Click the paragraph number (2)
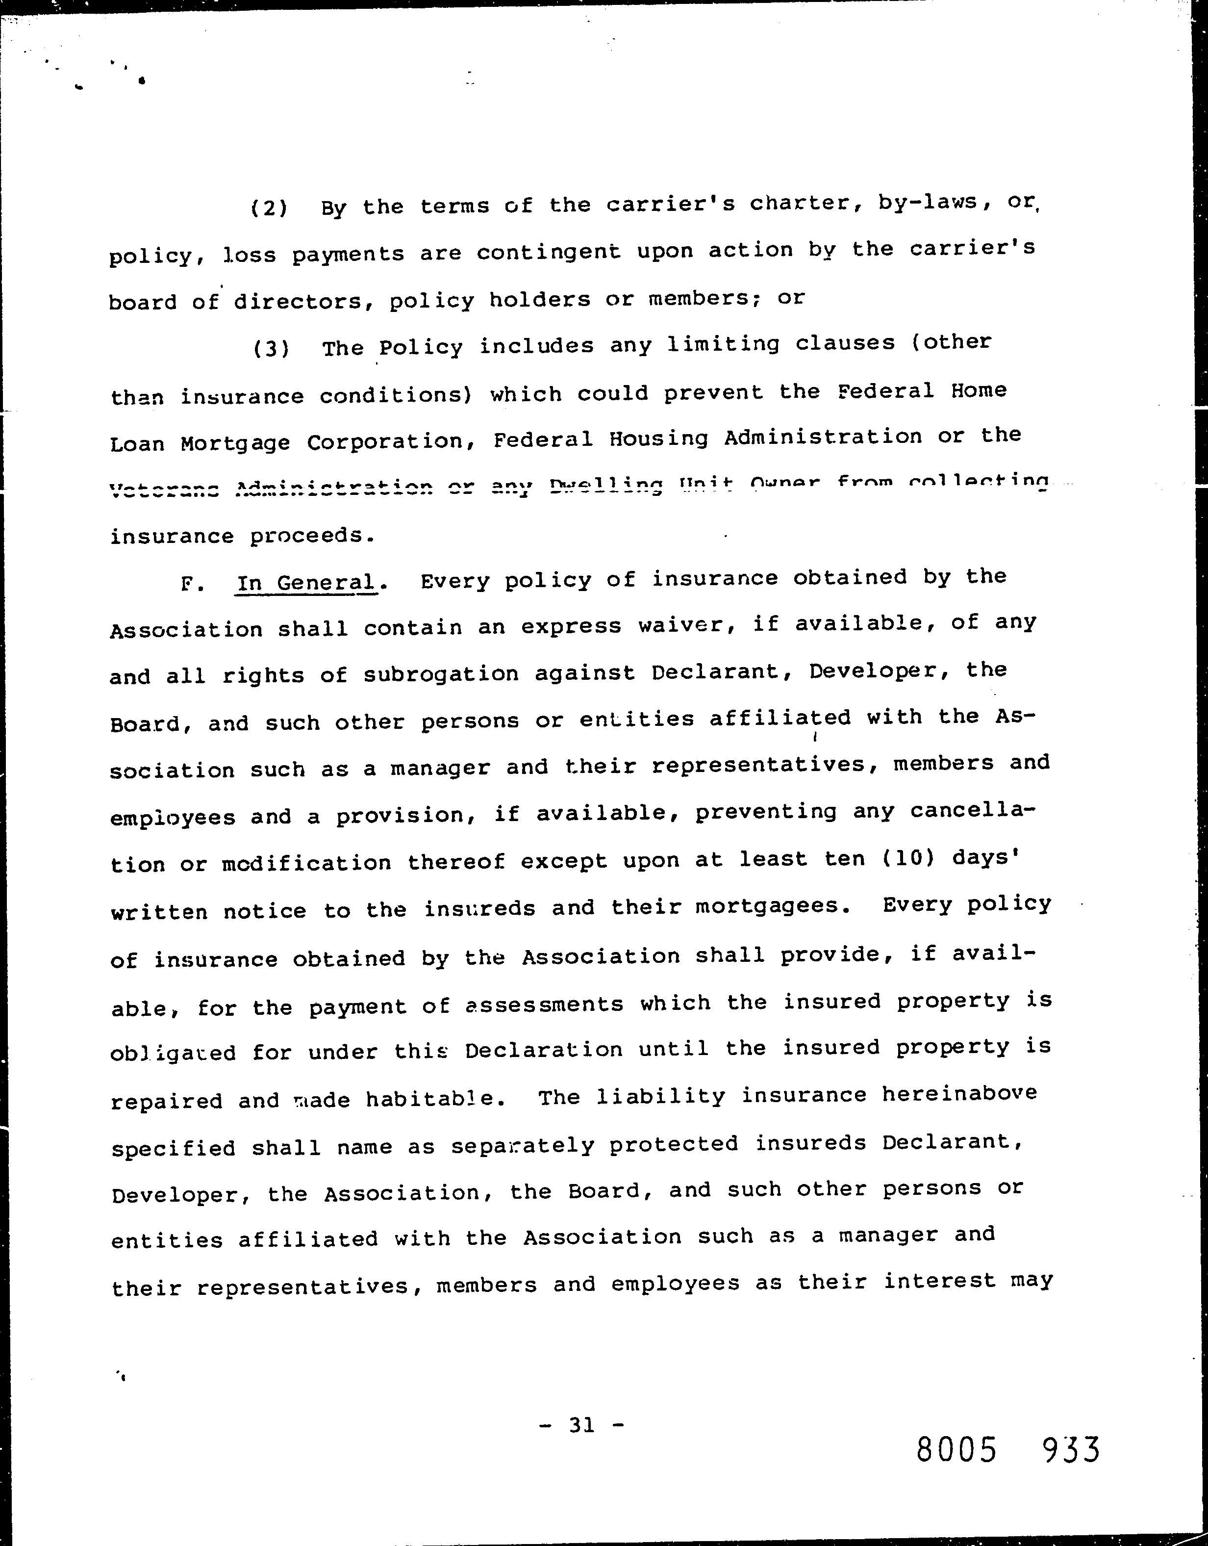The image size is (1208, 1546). pos(270,208)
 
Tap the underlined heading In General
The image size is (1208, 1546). pos(306,583)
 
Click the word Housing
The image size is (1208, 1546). pos(658,439)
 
